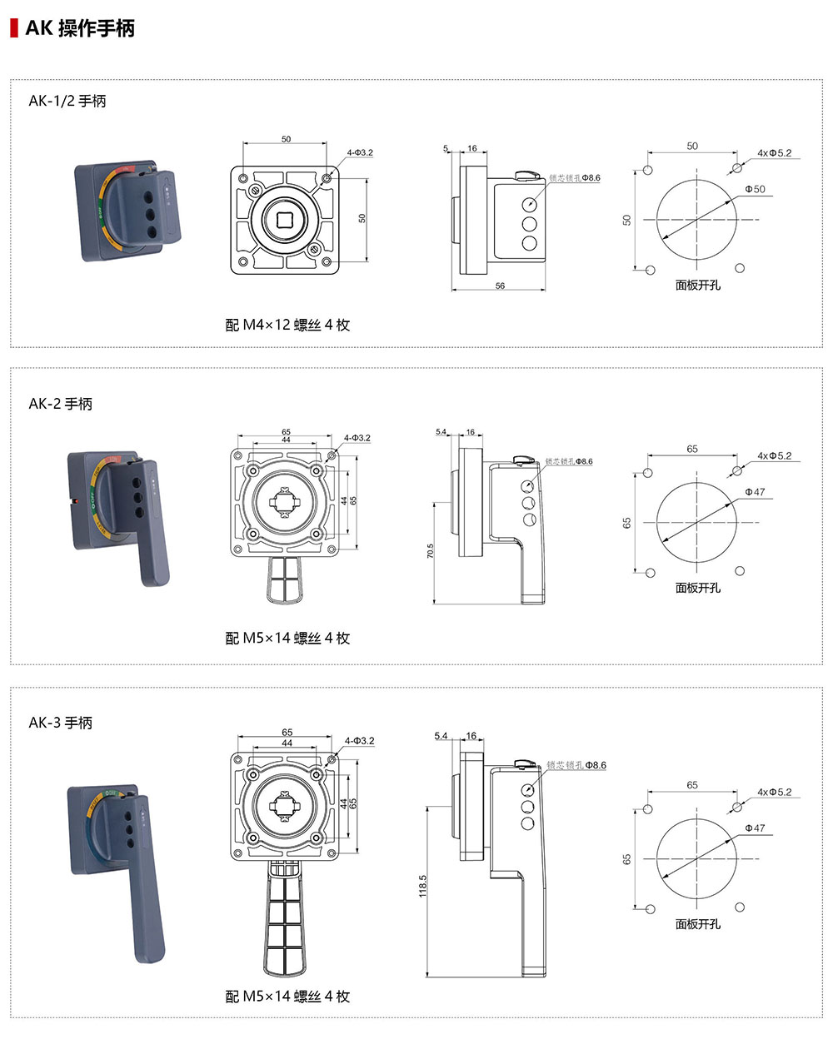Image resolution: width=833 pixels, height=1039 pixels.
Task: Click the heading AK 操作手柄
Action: (x=80, y=28)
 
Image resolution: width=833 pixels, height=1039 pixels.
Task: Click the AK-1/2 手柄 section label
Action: (x=67, y=101)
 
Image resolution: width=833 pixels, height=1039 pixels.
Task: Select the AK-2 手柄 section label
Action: (x=61, y=404)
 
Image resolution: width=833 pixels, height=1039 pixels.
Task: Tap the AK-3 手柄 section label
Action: (x=61, y=723)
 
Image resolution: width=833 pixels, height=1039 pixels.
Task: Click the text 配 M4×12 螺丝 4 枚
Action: (x=287, y=325)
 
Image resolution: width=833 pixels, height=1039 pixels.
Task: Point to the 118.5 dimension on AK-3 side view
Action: (x=422, y=885)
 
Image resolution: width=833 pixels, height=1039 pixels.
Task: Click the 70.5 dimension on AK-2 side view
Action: (x=430, y=552)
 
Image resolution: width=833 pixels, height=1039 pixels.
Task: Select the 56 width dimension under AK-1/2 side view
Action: (x=500, y=286)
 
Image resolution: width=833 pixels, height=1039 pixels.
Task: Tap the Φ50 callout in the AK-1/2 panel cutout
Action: (x=755, y=190)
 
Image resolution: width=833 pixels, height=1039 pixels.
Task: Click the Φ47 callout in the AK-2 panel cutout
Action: (x=755, y=492)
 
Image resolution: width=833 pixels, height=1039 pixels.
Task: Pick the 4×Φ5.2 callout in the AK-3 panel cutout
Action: (x=775, y=792)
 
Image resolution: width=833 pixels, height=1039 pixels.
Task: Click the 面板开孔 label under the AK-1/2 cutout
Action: (x=698, y=285)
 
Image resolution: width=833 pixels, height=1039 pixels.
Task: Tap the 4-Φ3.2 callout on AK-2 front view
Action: (x=357, y=438)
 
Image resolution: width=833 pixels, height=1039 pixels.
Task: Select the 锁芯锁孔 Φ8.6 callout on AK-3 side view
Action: (x=576, y=765)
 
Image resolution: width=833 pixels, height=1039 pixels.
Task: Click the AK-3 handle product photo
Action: (x=118, y=866)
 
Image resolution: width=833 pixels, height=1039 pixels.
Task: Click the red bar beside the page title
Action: (x=13, y=28)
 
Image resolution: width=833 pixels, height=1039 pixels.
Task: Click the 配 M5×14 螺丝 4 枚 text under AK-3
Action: (x=287, y=997)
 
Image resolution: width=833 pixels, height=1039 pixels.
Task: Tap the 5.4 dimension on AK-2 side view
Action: (x=441, y=432)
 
